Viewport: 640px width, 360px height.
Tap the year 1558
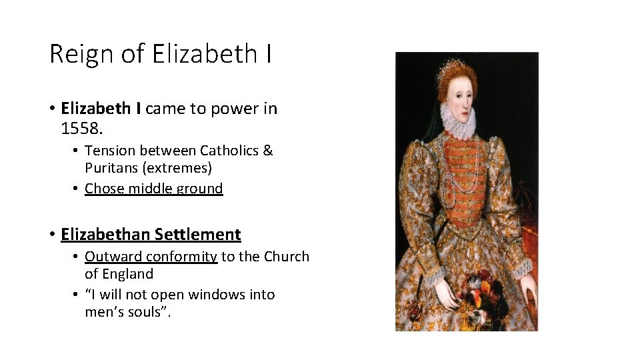[79, 127]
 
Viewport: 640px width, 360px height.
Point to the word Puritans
[111, 168]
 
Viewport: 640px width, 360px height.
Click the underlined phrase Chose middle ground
[153, 189]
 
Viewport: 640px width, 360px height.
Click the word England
[129, 274]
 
